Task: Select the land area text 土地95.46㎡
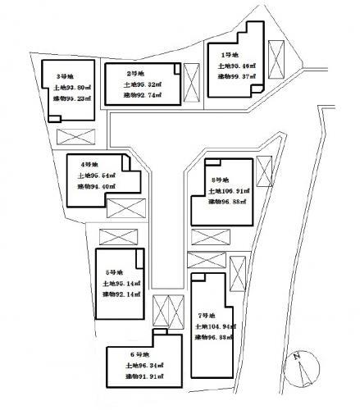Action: (237, 66)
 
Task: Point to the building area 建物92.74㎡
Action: (142, 96)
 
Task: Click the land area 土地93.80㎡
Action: (71, 88)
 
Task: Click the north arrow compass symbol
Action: (301, 367)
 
